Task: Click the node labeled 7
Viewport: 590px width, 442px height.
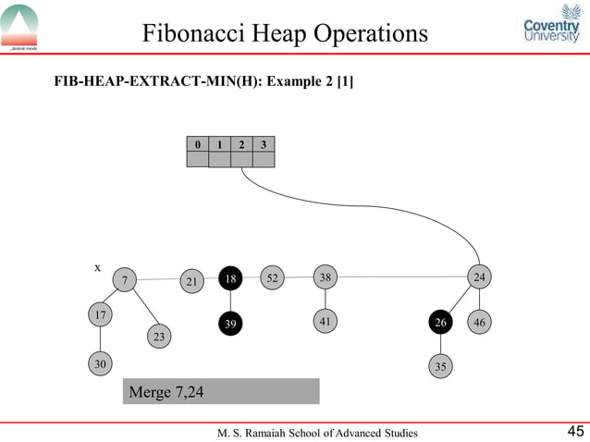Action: pos(124,279)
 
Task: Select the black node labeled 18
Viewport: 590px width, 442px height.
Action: pos(230,278)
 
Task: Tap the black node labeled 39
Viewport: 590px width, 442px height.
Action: pos(230,324)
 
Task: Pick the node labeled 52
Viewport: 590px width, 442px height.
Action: pos(272,276)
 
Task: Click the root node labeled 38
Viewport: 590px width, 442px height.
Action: pos(325,276)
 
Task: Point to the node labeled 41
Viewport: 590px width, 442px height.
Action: pos(325,321)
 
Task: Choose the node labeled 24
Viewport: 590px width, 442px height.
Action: pos(479,276)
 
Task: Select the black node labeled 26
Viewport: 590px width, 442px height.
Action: pos(441,322)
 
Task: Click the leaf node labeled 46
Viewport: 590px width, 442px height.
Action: pos(479,322)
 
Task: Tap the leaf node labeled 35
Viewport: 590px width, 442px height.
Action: pos(441,366)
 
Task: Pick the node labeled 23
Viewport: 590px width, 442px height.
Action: pos(159,337)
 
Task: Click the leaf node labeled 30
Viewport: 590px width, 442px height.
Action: pos(99,364)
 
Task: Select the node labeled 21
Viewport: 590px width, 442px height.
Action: pos(191,280)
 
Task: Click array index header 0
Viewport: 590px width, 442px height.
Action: pos(197,144)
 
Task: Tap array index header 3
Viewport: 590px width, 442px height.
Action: pos(264,144)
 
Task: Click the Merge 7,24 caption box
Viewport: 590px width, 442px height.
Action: pos(221,392)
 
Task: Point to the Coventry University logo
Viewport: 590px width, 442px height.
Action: pos(551,32)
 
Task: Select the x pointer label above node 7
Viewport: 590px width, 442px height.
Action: pos(98,266)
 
